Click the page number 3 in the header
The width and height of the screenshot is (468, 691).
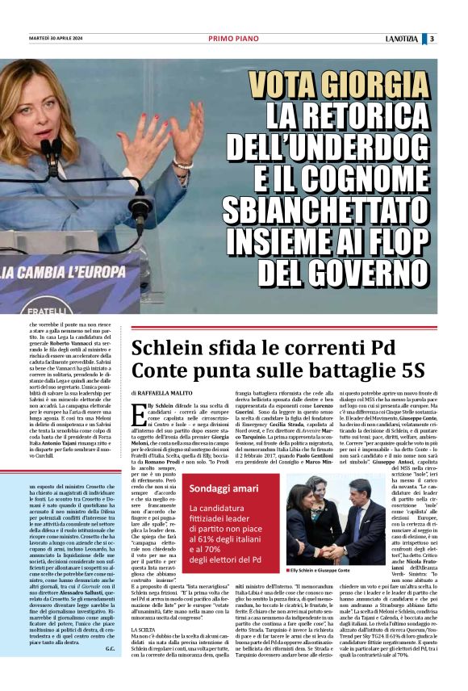tap(432, 39)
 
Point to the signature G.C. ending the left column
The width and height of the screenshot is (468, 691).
tap(109, 668)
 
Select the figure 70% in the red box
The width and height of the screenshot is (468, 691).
tap(207, 548)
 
